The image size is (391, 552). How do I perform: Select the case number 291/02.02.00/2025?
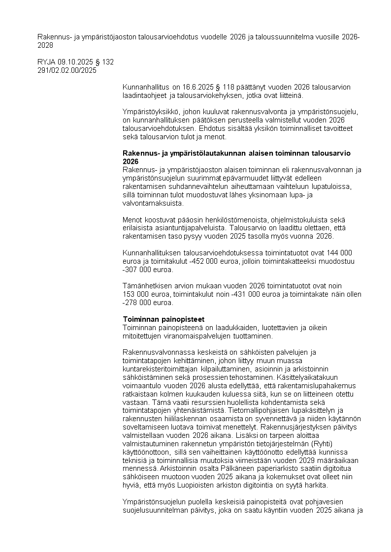pos(67,70)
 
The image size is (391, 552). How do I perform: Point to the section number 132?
pos(108,62)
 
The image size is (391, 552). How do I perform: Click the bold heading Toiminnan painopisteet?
pos(163,319)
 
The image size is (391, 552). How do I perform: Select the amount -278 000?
pos(137,303)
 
